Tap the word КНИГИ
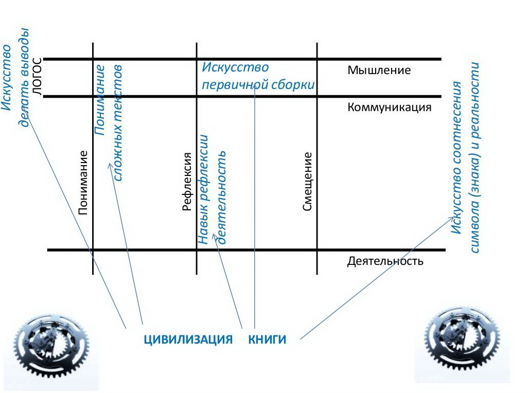click(267, 340)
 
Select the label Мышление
click(379, 70)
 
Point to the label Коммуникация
click(389, 108)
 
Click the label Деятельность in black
click(385, 261)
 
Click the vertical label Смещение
click(307, 181)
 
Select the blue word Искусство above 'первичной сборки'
click(235, 67)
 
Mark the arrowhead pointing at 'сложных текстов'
click(109, 165)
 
